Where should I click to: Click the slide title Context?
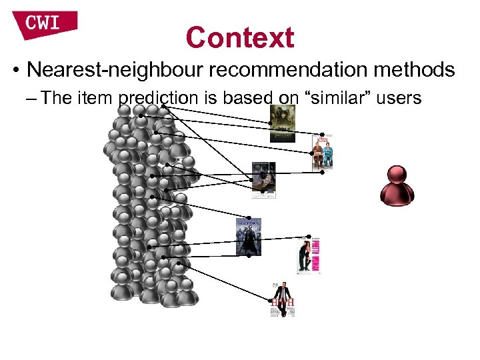coord(240,37)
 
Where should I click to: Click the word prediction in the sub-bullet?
coord(158,99)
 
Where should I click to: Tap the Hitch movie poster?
coord(282,299)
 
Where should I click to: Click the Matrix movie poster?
coord(248,237)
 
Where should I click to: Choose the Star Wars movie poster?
coord(263,180)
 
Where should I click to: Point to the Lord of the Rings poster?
coord(281,124)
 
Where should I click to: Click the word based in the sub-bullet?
coord(249,99)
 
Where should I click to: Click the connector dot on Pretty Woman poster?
coord(309,237)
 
